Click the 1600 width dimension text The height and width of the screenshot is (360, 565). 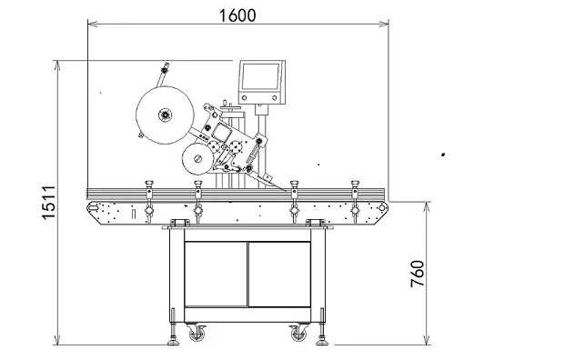point(237,15)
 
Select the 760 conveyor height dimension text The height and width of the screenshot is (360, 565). point(418,273)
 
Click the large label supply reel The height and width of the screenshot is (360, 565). point(166,115)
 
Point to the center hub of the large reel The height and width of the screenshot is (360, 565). point(166,115)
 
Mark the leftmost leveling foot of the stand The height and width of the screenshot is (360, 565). point(172,343)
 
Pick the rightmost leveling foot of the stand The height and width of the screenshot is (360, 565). point(323,343)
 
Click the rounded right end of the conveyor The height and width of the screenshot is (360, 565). point(382,210)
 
